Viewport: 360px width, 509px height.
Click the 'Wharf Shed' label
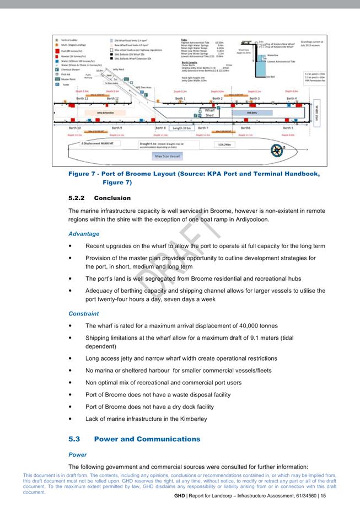coord(209,112)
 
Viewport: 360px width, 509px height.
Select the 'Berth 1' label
coord(180,98)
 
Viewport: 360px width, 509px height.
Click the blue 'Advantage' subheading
coord(84,234)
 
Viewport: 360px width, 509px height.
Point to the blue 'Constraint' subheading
coord(84,313)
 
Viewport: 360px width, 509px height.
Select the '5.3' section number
coord(74,439)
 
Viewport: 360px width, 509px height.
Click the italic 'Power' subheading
coord(77,456)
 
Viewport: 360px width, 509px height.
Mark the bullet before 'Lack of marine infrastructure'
coord(72,419)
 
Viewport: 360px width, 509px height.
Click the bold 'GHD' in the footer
coord(179,496)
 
